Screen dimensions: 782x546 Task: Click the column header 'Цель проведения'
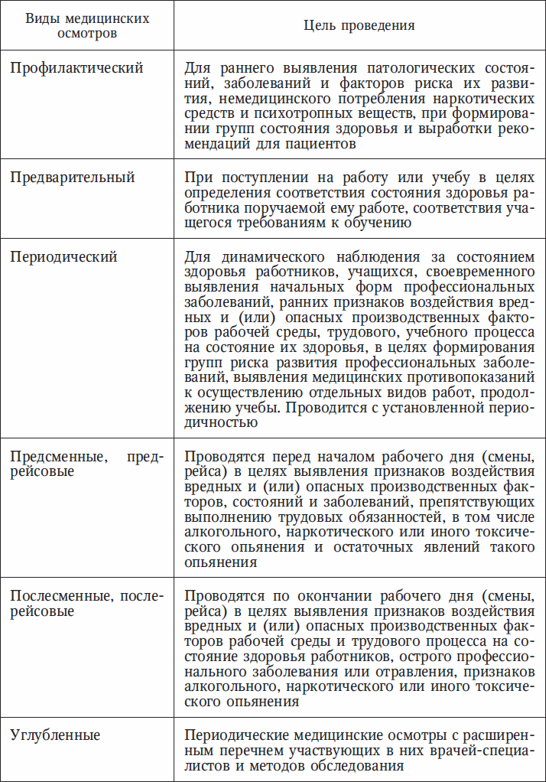359,25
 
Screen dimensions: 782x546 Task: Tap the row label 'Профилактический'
76,68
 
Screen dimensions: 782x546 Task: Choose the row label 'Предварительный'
73,177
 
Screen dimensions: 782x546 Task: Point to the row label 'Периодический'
63,256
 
